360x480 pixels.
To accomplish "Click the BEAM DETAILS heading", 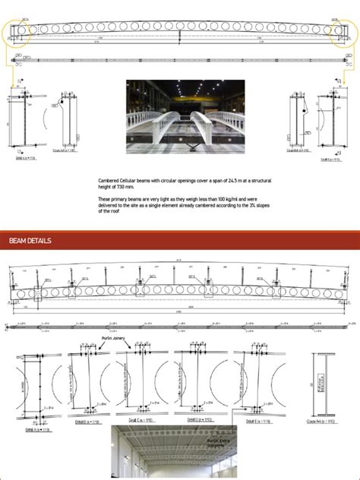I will click(30, 241).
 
